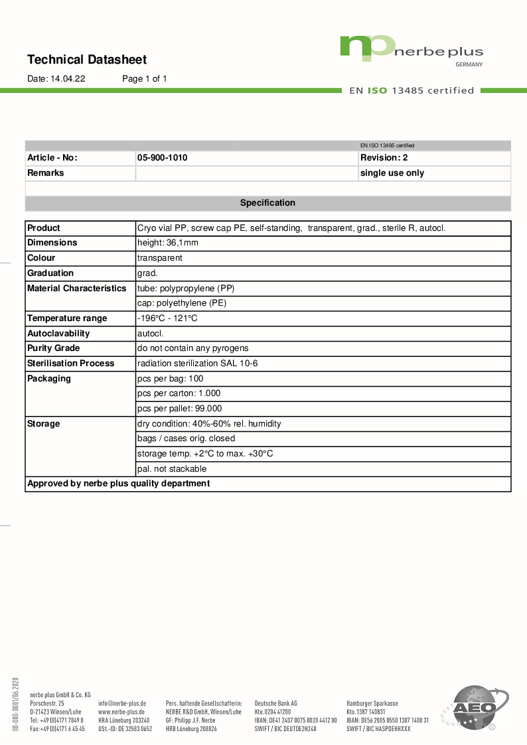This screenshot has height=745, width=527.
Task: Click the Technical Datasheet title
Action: click(87, 60)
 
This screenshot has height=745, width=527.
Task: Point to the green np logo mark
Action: click(366, 48)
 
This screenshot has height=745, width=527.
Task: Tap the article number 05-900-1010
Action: click(162, 158)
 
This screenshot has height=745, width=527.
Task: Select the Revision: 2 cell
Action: click(384, 158)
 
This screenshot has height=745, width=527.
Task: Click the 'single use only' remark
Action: click(392, 173)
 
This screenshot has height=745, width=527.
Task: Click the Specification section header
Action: click(267, 203)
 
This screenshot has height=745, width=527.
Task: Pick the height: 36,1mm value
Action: click(167, 243)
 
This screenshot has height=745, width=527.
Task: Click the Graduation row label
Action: click(50, 273)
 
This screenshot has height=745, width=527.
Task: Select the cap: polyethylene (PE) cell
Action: click(181, 303)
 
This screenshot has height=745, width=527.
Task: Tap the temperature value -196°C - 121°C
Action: click(167, 318)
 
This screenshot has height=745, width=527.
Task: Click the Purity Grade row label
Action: click(53, 348)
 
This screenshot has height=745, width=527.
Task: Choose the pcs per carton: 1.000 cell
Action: click(179, 393)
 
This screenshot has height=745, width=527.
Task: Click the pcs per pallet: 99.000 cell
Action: click(179, 409)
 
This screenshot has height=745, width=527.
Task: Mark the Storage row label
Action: click(43, 424)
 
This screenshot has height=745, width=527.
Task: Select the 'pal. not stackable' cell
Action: click(171, 469)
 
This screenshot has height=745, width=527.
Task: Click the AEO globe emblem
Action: click(474, 709)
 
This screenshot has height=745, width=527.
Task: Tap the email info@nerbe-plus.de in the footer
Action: click(121, 703)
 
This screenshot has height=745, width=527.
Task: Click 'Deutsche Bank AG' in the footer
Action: click(275, 703)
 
